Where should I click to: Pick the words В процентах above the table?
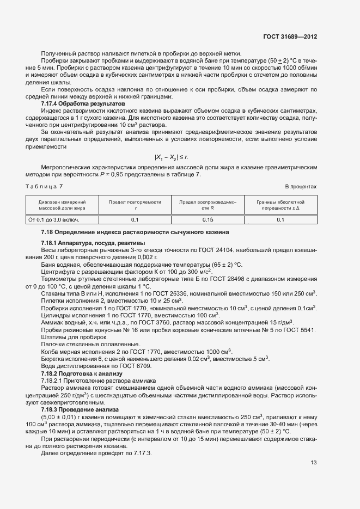click(301, 186)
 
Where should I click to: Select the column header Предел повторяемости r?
click(135, 205)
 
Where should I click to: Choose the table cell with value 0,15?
click(208, 219)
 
